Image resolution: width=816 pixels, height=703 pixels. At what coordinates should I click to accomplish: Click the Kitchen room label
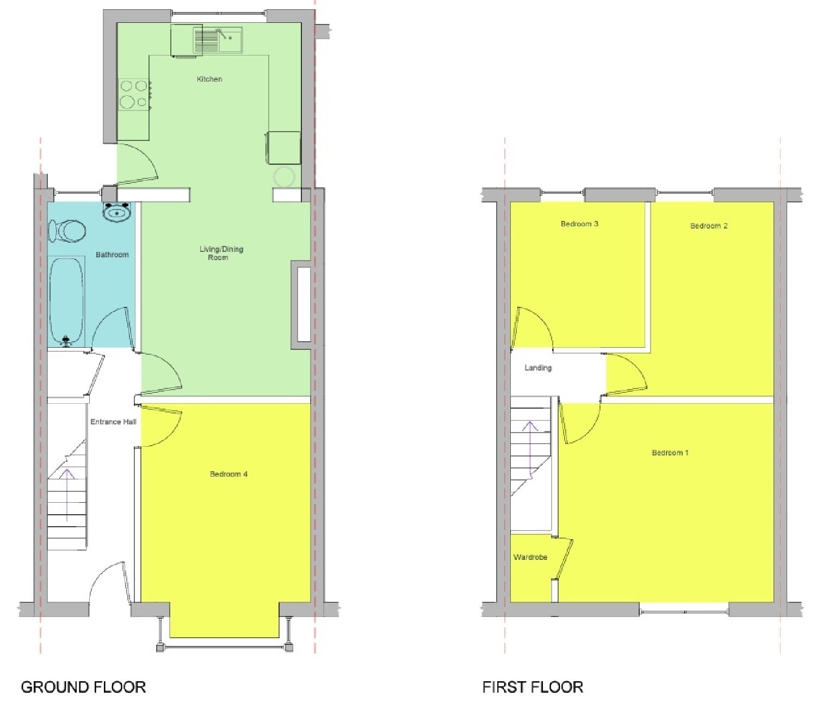(209, 79)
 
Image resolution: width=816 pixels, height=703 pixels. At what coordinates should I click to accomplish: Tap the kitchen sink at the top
(218, 40)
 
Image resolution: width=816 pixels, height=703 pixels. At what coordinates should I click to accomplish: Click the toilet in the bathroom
(67, 230)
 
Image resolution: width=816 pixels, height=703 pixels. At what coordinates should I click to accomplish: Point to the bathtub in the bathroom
(66, 300)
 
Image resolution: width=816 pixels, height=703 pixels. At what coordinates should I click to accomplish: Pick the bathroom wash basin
(117, 213)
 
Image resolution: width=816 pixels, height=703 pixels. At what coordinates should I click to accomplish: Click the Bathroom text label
(112, 255)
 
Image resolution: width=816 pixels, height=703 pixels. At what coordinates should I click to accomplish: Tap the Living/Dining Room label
(221, 253)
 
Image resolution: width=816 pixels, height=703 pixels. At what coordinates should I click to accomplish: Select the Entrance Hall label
(113, 422)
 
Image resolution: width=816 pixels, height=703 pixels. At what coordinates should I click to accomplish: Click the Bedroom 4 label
(228, 474)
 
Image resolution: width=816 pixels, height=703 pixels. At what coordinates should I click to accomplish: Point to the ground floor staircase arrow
(67, 495)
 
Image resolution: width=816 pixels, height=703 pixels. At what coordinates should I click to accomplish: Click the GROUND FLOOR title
(83, 687)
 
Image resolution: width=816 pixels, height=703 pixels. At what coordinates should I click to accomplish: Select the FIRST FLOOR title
(533, 687)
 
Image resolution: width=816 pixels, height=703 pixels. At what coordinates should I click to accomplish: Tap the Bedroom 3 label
(579, 224)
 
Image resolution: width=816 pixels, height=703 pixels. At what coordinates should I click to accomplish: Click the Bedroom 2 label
(709, 226)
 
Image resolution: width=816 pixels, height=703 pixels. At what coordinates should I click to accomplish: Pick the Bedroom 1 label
(670, 453)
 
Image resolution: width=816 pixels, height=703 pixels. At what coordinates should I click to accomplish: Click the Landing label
(537, 368)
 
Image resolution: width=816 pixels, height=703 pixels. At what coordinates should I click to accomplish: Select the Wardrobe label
(530, 557)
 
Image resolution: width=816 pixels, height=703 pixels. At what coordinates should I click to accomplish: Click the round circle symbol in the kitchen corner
(284, 176)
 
